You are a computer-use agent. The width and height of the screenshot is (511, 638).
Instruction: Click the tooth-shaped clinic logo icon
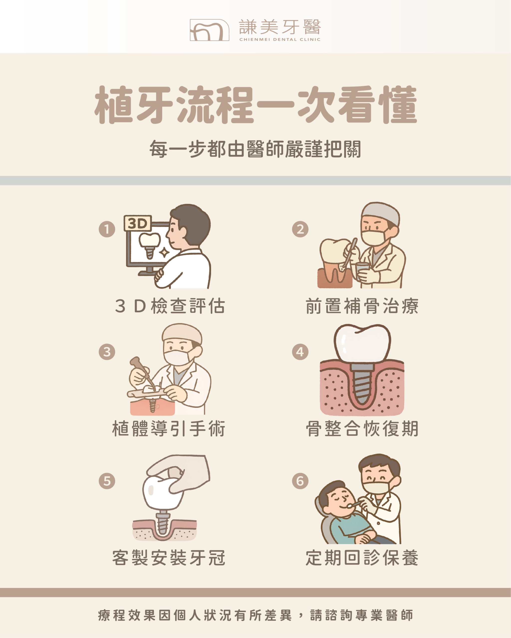[209, 30]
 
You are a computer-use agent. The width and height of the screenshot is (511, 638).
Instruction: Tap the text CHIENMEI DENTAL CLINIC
[280, 39]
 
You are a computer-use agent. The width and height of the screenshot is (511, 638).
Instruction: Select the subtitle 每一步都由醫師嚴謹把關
[255, 149]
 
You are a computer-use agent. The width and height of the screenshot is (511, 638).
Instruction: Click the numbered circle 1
[107, 229]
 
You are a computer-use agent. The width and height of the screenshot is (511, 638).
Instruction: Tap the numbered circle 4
[300, 352]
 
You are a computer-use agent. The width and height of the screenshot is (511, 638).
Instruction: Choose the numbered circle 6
[300, 481]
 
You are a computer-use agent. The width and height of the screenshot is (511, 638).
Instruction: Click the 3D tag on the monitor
[138, 223]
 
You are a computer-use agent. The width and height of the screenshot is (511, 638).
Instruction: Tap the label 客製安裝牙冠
[169, 558]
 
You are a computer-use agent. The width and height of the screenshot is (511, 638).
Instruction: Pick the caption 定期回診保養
[362, 558]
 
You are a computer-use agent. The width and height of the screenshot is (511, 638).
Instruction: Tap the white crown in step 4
[362, 343]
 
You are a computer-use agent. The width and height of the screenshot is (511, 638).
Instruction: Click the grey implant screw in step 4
[362, 385]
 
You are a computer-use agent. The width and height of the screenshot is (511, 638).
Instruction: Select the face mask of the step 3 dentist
[177, 357]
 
